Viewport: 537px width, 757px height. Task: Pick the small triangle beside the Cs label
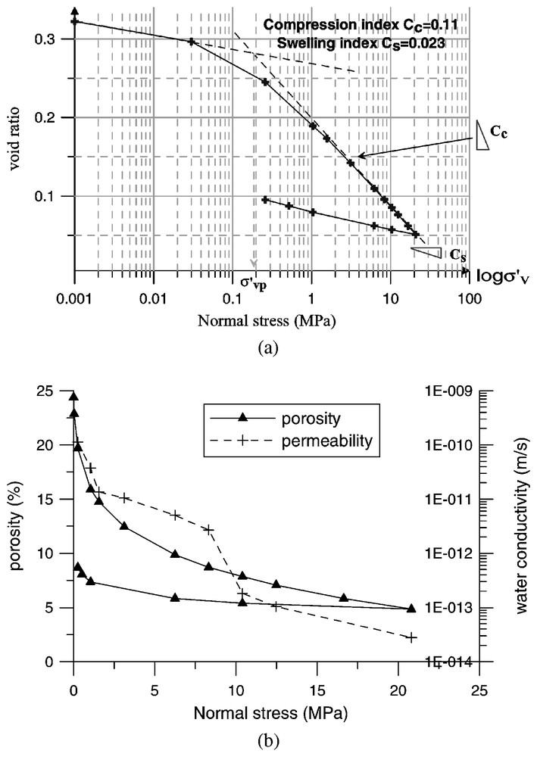(x=430, y=253)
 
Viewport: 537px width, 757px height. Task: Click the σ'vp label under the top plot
(x=254, y=283)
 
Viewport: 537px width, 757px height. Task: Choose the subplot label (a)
(x=268, y=347)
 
